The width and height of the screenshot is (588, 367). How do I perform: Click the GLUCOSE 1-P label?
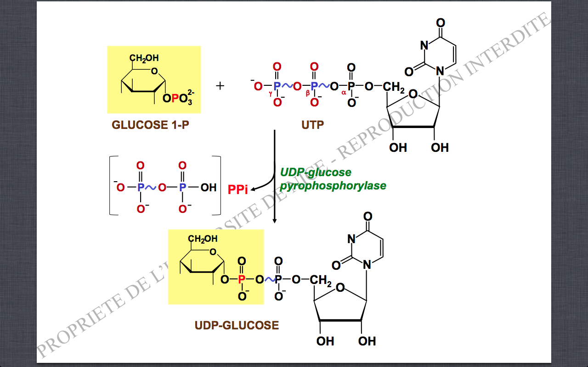coord(150,125)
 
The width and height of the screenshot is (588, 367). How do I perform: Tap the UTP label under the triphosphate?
coord(312,125)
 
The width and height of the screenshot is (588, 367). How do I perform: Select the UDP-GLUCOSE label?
coord(237,326)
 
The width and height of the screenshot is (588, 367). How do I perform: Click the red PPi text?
coord(238,189)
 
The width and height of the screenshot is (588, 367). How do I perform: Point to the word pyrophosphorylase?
coord(333,186)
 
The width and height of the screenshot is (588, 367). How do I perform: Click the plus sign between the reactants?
coord(220,86)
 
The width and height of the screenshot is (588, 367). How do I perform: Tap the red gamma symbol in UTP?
coord(271,94)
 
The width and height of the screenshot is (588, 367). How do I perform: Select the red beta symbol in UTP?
coord(308,94)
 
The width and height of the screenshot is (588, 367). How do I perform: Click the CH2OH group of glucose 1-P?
coord(144,58)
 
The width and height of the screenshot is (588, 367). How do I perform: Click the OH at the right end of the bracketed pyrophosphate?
coord(209,187)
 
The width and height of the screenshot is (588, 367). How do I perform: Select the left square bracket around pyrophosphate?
coord(111,185)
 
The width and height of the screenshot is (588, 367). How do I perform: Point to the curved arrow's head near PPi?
coord(252,187)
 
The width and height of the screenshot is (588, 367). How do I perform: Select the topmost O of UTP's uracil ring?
coord(440,22)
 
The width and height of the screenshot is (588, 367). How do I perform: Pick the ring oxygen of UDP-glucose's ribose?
coord(340,288)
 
